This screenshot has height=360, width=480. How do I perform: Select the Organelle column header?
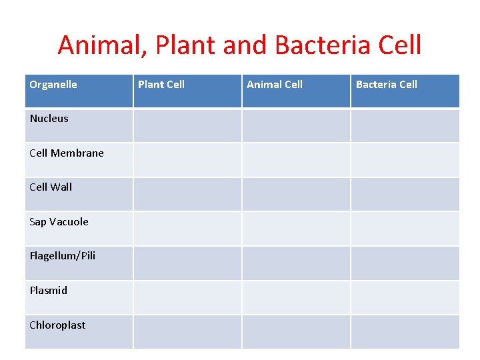click(53, 85)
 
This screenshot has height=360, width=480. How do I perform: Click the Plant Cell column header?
click(161, 85)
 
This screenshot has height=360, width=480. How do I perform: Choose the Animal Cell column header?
click(275, 85)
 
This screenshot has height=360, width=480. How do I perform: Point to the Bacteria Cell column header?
click(387, 85)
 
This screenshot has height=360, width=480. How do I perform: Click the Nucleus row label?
click(49, 119)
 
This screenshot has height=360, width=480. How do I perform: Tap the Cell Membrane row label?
click(67, 153)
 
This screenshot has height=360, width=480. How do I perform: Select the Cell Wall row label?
click(51, 187)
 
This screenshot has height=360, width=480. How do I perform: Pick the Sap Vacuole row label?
click(59, 222)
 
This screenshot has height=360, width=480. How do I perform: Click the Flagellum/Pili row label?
click(63, 256)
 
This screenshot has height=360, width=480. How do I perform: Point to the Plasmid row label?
click(49, 291)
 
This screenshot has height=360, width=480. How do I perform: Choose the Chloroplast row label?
click(57, 325)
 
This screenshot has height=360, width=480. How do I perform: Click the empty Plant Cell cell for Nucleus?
click(187, 125)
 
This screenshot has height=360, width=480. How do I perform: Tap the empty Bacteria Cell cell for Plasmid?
click(405, 297)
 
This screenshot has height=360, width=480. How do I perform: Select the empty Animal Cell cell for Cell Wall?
click(296, 194)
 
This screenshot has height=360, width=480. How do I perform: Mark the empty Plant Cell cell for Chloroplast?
click(187, 332)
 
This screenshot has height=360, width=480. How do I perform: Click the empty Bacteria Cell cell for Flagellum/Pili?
click(405, 263)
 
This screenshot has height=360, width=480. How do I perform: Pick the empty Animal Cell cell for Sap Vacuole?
click(296, 229)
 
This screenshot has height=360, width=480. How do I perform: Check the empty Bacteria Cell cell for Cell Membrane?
click(405, 160)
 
